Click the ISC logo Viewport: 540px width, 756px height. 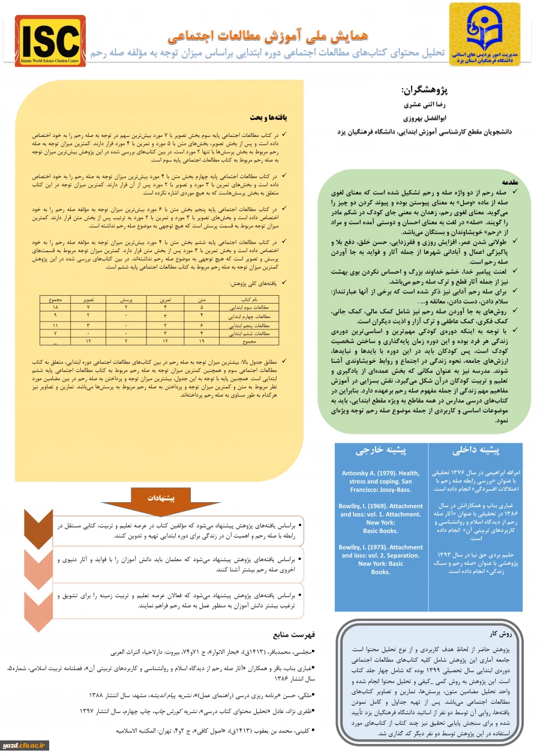[50, 40]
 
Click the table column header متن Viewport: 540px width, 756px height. [202, 298]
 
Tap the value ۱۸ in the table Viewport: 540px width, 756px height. [55, 307]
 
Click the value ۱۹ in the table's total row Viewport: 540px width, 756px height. [202, 341]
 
